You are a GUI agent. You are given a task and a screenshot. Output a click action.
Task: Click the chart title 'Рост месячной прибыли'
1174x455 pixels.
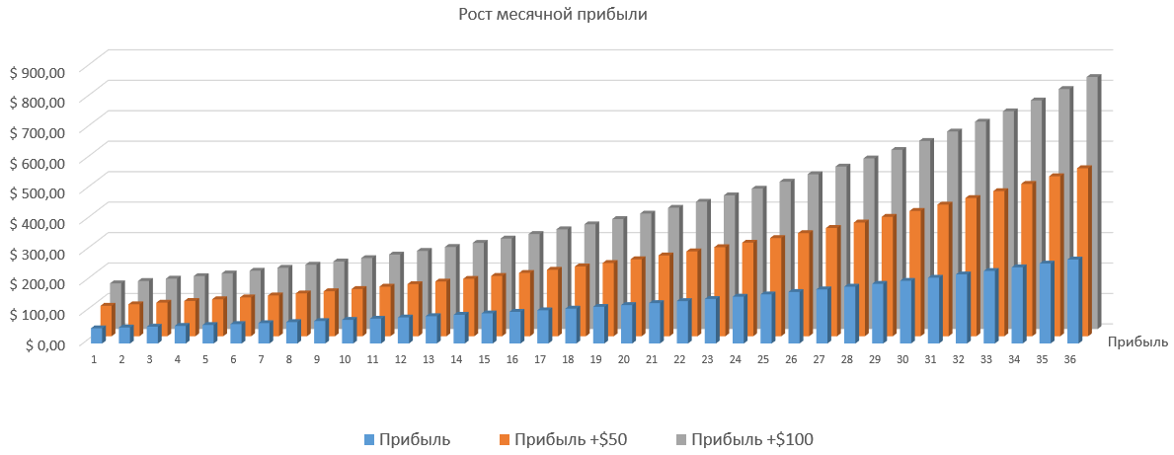[x=553, y=15]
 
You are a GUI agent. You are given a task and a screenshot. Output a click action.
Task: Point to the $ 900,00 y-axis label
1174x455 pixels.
[x=37, y=71]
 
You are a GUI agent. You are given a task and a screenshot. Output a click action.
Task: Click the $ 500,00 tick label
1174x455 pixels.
[x=37, y=192]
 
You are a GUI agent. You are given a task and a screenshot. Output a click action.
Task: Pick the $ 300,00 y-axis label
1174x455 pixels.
[x=37, y=253]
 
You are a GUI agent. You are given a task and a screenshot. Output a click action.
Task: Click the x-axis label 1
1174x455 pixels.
[x=94, y=359]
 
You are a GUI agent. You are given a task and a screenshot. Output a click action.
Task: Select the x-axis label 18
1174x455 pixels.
[x=568, y=359]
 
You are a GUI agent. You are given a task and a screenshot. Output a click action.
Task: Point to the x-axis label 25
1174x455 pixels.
[x=762, y=359]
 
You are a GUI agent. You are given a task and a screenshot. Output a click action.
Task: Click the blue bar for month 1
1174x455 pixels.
[x=97, y=336]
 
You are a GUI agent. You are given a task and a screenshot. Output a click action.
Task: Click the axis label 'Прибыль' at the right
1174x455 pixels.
[x=1137, y=342]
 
